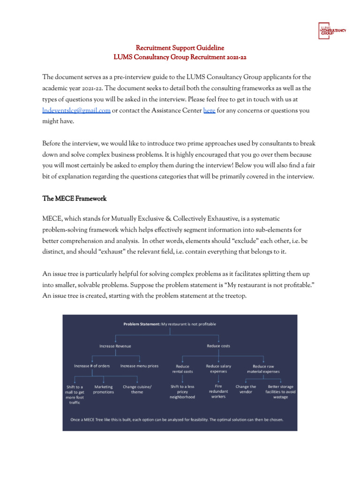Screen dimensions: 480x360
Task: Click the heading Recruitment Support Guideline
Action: (x=180, y=48)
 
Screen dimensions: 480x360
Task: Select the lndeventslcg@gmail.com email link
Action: (x=76, y=111)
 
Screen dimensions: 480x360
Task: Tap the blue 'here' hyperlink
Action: (x=209, y=111)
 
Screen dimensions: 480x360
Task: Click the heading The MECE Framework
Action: (x=75, y=199)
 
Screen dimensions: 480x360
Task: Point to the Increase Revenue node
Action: (x=115, y=346)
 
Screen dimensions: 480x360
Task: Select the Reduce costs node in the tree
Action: (x=218, y=346)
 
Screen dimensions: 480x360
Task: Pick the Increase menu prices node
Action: (x=139, y=366)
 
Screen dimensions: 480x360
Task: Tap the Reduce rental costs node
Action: (x=182, y=369)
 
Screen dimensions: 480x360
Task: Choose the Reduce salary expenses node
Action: (x=218, y=368)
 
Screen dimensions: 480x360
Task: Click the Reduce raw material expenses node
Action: (x=263, y=368)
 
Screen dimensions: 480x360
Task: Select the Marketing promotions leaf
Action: (x=104, y=390)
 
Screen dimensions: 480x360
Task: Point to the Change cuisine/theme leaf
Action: (x=137, y=390)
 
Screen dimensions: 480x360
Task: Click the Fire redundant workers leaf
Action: (x=218, y=391)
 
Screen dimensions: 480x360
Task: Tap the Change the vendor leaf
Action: (x=246, y=390)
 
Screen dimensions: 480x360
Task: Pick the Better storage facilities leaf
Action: (x=280, y=392)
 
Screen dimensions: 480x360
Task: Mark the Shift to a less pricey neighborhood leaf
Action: (x=182, y=392)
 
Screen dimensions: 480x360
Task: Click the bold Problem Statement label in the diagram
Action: (x=142, y=323)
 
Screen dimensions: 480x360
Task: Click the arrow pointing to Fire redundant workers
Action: (x=218, y=379)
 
